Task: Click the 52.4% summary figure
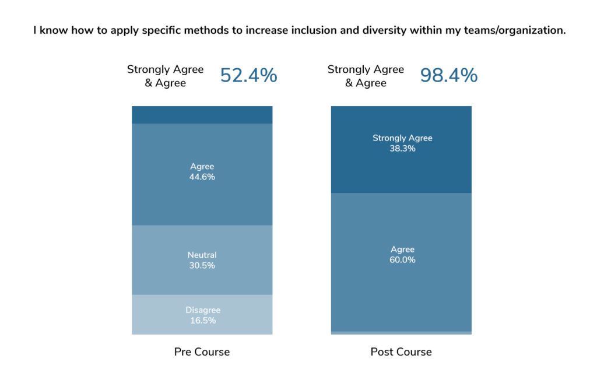248,76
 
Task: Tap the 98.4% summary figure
448,76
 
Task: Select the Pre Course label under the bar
202,352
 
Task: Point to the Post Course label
401,352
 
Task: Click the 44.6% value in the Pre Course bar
202,177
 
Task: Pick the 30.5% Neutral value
202,266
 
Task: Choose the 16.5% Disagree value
202,321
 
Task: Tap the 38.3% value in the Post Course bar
402,149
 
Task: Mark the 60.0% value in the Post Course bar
402,260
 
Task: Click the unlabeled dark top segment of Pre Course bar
202,115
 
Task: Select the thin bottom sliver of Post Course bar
401,333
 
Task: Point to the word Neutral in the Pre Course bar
202,255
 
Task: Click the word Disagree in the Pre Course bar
202,310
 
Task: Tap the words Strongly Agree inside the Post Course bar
402,138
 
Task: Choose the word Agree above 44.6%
202,167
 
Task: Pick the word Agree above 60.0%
402,250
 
